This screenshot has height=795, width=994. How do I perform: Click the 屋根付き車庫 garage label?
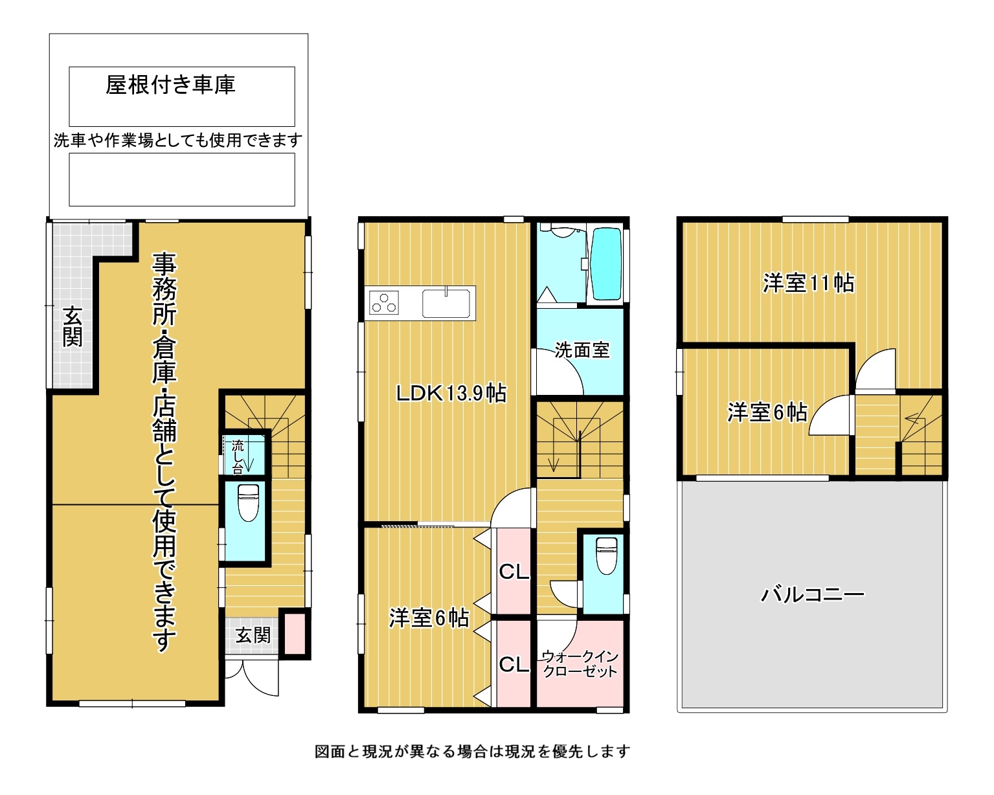170,85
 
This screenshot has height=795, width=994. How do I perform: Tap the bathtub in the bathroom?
605,263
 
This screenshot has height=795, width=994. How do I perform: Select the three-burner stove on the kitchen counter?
383,302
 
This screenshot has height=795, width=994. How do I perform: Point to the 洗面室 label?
582,350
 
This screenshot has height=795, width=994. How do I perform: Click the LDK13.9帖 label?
451,393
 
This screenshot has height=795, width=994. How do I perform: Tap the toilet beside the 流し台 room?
248,502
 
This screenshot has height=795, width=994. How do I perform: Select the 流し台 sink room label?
238,457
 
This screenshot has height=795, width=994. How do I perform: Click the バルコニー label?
812,594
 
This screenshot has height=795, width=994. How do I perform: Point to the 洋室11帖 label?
808,283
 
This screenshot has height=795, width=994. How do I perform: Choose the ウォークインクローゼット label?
580,664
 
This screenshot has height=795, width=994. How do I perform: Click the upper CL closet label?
514,572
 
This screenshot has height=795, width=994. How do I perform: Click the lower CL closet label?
514,664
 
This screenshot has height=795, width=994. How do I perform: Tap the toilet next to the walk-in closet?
607,555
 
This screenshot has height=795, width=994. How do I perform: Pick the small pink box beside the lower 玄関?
294,633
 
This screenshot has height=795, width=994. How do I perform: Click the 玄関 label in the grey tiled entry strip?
73,326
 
